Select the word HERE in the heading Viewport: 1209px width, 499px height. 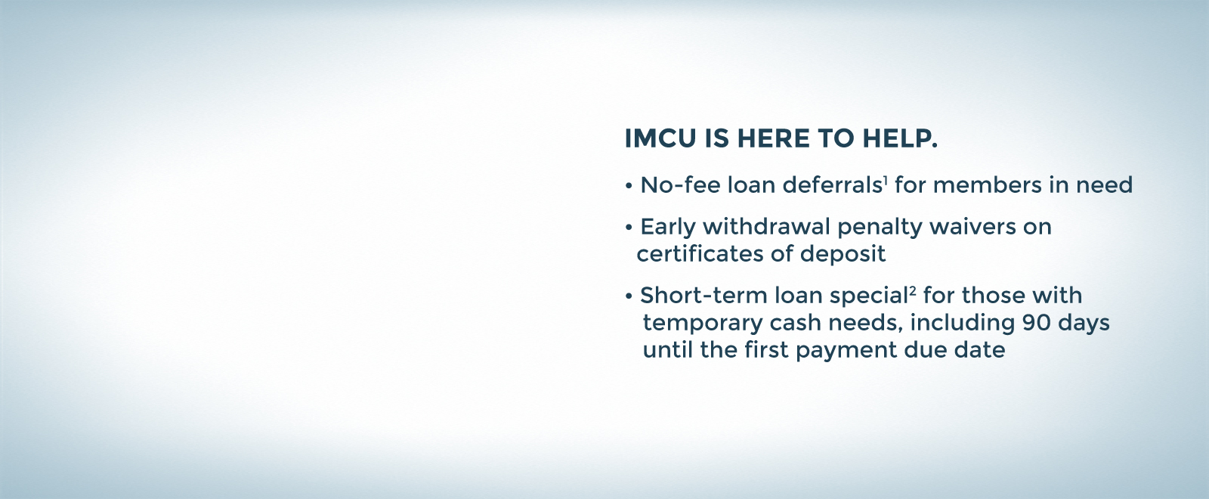[x=774, y=139]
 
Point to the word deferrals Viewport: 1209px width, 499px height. [x=832, y=184]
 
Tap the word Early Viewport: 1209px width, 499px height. [x=668, y=228]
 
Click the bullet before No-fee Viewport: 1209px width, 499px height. [x=629, y=186]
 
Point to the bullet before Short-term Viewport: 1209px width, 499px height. [x=629, y=296]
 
